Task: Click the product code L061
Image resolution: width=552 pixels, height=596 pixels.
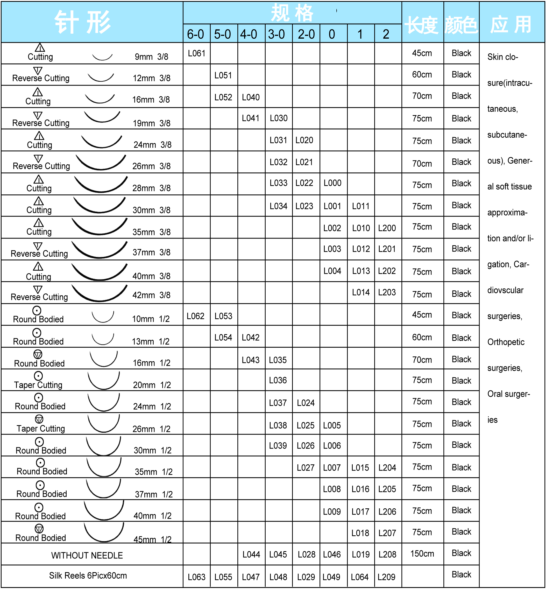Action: (196, 53)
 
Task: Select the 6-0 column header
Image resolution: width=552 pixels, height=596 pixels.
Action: (195, 34)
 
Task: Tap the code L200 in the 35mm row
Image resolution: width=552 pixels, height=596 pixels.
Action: (387, 228)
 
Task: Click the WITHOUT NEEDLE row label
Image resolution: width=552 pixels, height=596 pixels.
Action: (87, 555)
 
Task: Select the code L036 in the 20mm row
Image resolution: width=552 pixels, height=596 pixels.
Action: (278, 380)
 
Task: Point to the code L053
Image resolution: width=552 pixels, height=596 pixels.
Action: (223, 316)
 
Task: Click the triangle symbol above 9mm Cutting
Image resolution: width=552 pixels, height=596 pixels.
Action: (40, 48)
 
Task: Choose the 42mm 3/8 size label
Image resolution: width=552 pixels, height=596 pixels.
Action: (151, 295)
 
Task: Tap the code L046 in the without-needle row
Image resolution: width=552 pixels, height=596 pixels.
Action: (332, 555)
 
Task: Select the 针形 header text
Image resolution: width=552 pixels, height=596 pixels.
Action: (83, 22)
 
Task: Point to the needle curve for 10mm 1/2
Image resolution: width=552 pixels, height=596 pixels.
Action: (103, 317)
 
